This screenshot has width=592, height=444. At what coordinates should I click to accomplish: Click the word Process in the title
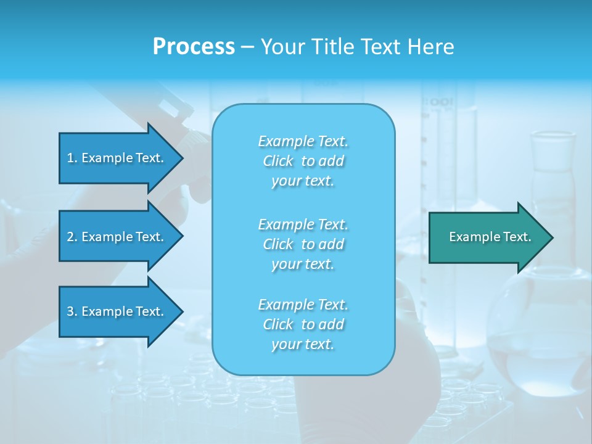click(x=194, y=47)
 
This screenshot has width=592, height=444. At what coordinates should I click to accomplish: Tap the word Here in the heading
click(x=431, y=47)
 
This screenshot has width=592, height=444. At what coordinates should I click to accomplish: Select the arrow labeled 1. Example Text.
click(x=117, y=158)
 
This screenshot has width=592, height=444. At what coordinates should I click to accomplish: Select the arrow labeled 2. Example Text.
click(x=117, y=237)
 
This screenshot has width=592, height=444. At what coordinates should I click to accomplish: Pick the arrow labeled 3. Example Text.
click(x=117, y=311)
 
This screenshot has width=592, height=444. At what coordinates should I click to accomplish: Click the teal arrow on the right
click(x=487, y=237)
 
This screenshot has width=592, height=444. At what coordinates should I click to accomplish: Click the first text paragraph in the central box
click(x=303, y=161)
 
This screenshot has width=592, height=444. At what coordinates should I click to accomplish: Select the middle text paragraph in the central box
click(x=303, y=244)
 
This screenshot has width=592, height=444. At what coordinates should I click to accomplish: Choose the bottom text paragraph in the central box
click(x=303, y=324)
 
